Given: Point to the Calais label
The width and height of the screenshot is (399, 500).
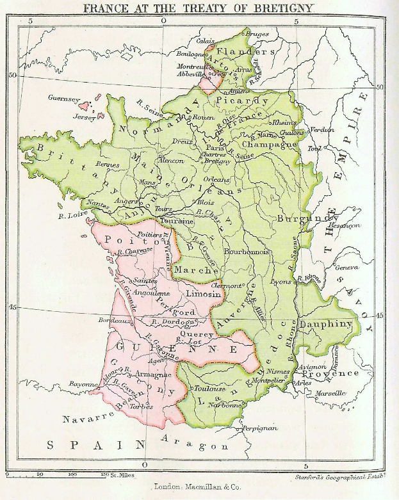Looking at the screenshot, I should pyautogui.click(x=206, y=40).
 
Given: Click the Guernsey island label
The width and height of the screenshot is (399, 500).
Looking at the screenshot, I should pyautogui.click(x=64, y=99).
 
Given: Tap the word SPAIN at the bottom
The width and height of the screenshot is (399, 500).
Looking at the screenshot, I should pyautogui.click(x=85, y=444).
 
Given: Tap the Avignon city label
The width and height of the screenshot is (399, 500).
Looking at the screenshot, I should pyautogui.click(x=330, y=367).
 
